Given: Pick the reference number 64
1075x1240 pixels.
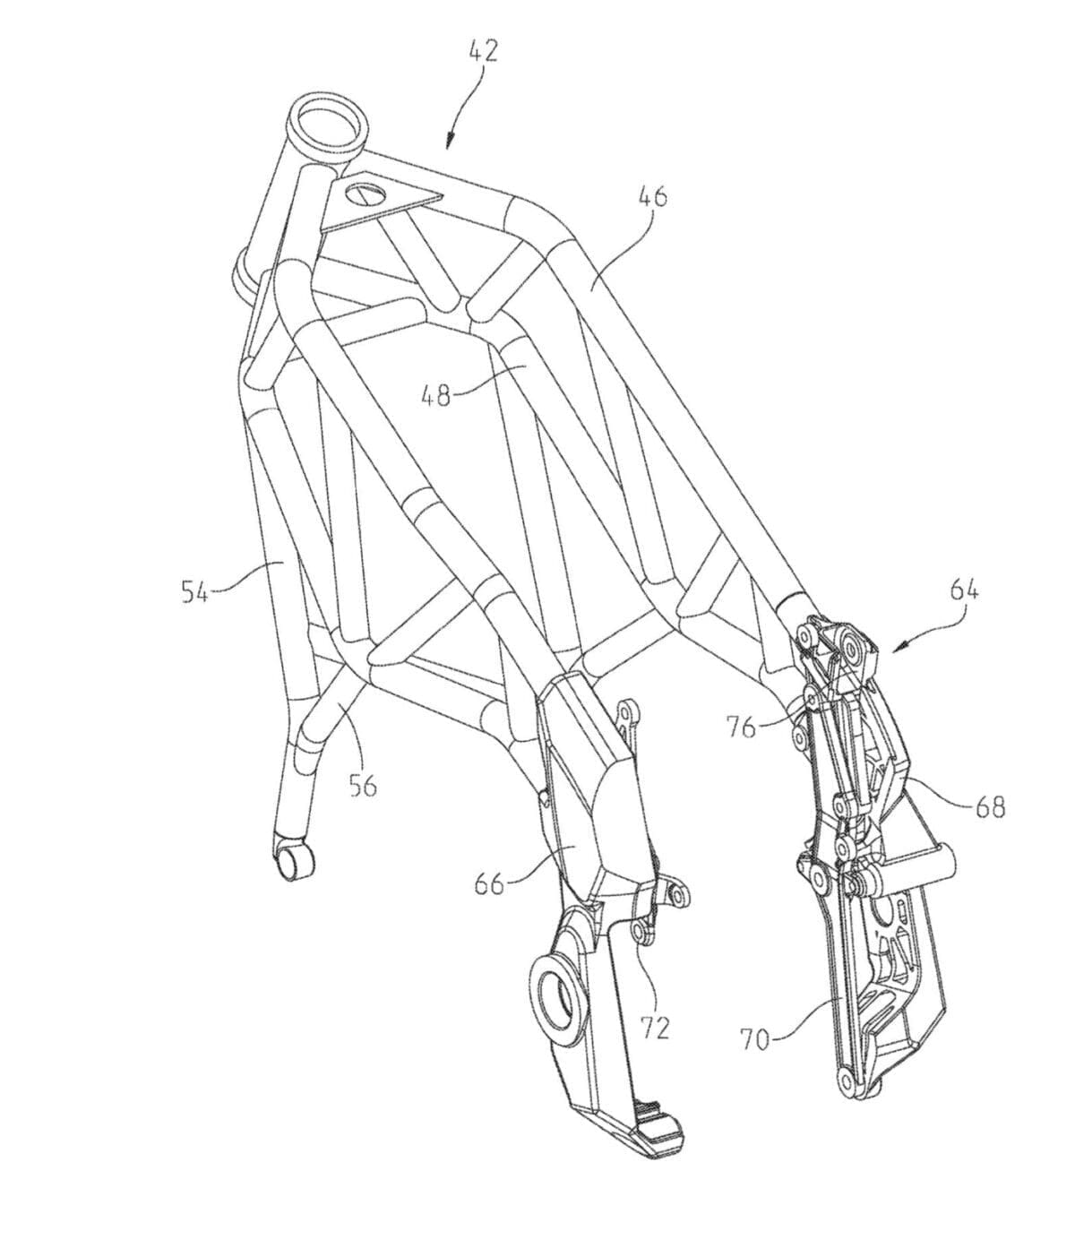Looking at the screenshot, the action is pos(964,590).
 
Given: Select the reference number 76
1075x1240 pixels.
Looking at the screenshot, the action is pos(742,728).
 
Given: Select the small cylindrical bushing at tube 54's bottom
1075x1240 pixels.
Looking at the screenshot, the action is pos(294,864).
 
